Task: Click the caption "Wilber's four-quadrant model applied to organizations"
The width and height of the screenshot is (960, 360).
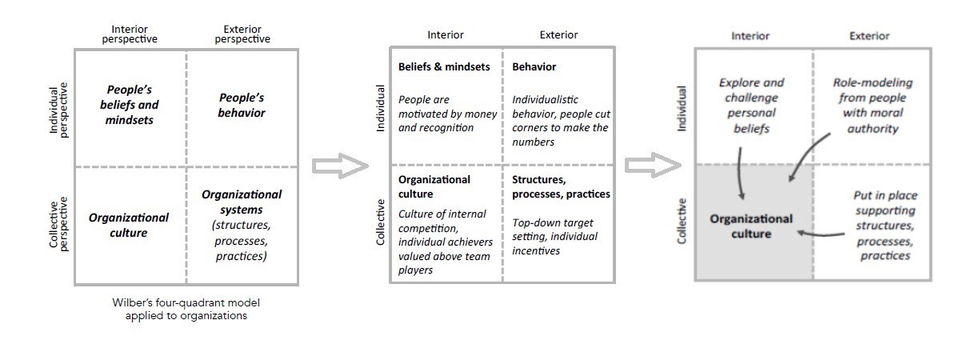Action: tap(186, 309)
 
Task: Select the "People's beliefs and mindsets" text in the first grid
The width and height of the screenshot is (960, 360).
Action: tap(132, 105)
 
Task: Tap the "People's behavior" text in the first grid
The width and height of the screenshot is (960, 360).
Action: tap(242, 105)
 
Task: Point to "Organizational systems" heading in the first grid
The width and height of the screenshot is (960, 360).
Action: tap(242, 201)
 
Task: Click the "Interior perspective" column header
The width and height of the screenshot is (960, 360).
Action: tap(129, 34)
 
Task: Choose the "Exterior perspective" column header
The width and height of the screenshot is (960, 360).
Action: tap(242, 34)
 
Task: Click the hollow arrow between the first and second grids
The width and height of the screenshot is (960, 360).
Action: tap(340, 165)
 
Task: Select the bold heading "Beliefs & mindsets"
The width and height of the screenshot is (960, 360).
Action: tap(444, 67)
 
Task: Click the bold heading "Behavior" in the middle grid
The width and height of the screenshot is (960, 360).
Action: tap(534, 67)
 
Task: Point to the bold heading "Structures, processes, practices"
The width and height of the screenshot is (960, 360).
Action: tap(561, 187)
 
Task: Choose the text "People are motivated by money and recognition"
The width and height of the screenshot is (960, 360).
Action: tap(447, 114)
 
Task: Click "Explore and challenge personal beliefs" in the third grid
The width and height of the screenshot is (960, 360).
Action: tap(752, 105)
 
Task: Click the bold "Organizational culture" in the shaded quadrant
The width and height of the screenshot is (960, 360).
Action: tap(753, 226)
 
